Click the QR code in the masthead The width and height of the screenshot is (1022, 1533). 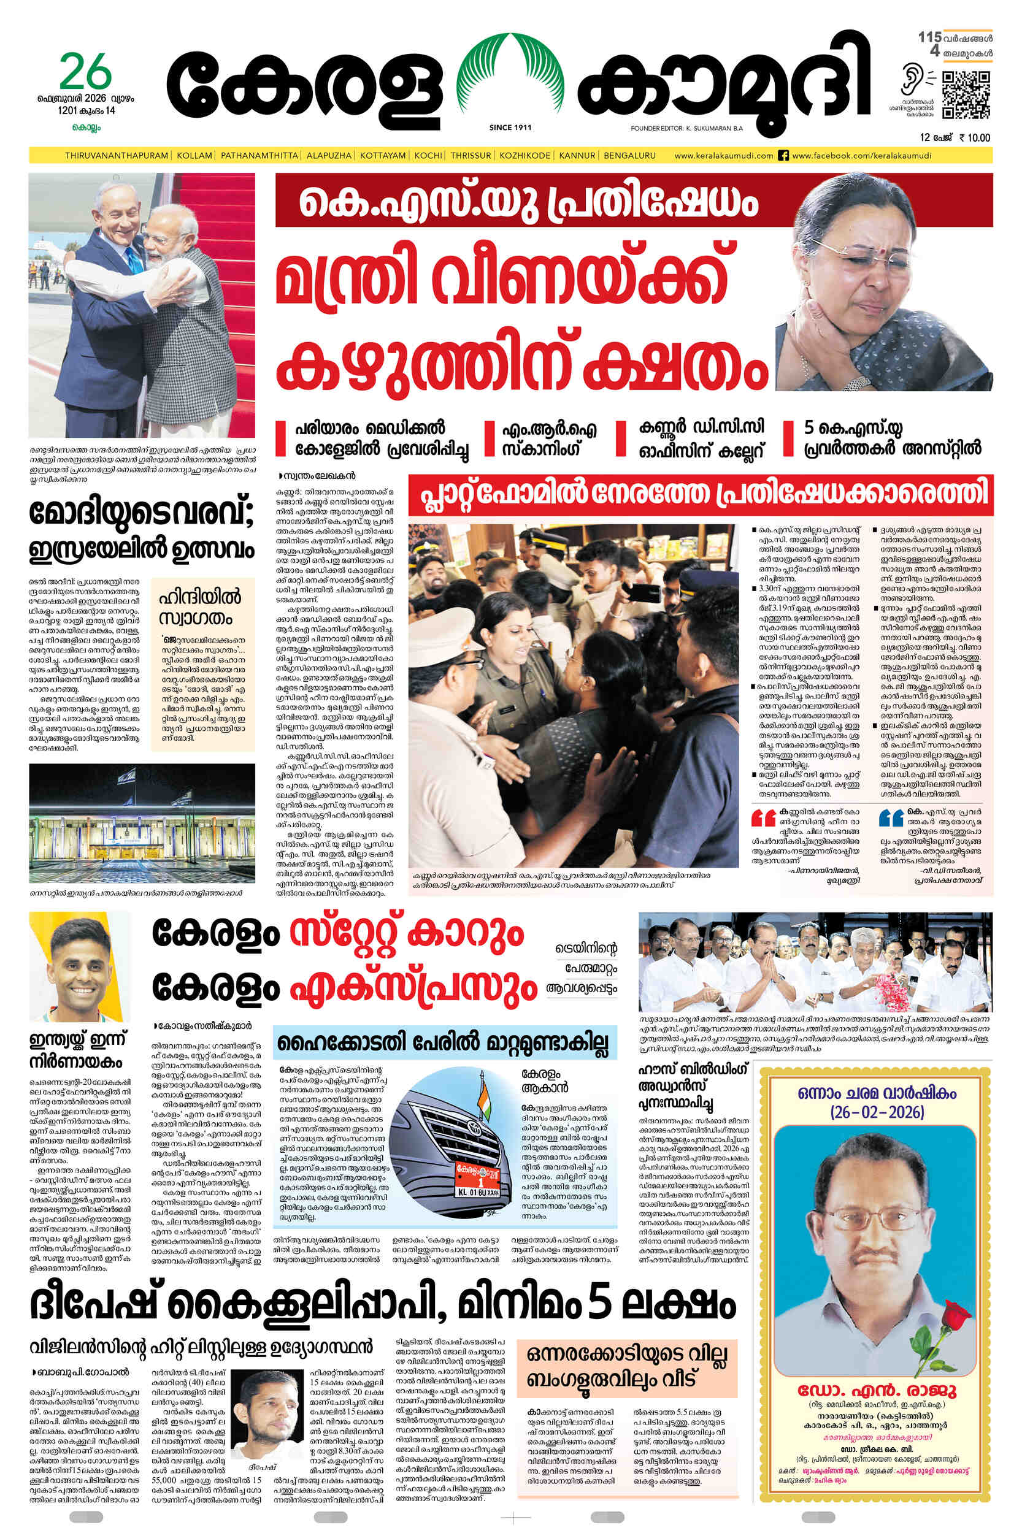click(x=966, y=95)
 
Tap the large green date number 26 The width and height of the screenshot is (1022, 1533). click(x=85, y=73)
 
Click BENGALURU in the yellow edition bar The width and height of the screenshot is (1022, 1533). click(x=629, y=156)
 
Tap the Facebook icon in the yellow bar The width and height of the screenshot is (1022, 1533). click(x=784, y=156)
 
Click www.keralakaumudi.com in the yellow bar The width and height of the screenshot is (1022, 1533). click(x=723, y=156)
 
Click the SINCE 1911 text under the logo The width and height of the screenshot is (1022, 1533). click(x=510, y=128)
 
